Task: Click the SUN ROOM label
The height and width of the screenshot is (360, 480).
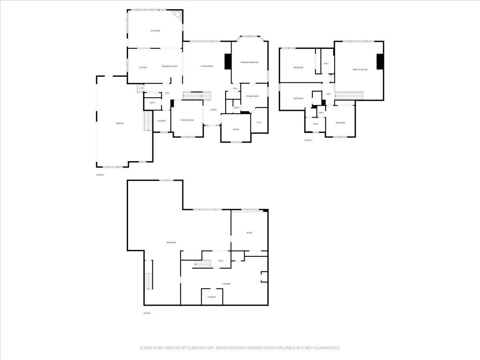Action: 155,31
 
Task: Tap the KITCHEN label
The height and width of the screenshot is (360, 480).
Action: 143,67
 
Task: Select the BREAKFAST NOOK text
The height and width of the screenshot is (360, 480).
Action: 170,66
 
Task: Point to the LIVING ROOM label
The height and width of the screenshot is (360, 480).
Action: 207,66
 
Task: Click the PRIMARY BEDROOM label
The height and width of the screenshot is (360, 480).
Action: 249,62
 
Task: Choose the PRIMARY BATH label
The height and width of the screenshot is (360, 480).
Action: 252,96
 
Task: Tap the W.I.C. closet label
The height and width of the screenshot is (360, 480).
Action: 259,122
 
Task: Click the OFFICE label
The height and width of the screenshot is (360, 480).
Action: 236,129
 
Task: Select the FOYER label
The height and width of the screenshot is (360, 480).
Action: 214,110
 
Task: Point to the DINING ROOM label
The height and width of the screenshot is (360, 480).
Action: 187,120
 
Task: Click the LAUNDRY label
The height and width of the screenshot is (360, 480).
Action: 162,121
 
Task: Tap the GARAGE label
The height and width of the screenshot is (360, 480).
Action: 120,123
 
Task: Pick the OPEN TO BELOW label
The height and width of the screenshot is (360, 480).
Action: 360,70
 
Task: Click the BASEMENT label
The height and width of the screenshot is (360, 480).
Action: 171,243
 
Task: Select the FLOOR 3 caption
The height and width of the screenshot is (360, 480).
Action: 308,140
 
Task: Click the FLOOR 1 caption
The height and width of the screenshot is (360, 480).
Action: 147,313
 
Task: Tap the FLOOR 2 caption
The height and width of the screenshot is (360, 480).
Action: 100,175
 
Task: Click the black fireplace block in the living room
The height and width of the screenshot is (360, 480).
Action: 228,62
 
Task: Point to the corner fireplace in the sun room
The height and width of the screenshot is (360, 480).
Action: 177,15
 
